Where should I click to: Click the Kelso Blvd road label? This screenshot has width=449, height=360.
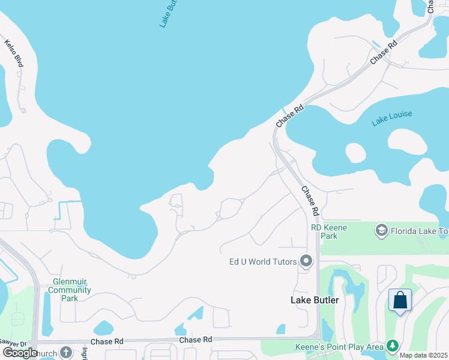point(13,53)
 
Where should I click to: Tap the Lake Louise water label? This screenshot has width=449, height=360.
point(391,118)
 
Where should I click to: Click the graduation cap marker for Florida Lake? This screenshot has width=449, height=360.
point(381,230)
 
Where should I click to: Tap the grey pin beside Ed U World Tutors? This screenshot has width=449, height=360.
point(306,261)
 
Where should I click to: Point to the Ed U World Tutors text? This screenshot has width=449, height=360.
point(263,262)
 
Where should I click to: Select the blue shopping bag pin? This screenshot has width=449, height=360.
point(400,300)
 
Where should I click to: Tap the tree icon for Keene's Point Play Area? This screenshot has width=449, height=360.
point(393,346)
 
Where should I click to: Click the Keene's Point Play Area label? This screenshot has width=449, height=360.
point(339,347)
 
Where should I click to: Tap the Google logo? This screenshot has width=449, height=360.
point(20,352)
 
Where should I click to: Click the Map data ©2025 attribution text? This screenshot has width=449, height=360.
point(424,355)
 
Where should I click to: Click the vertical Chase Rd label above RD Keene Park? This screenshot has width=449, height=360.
point(309,201)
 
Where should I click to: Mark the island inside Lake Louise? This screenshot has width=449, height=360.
point(355,152)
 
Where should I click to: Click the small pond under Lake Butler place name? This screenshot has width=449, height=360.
point(280,329)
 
